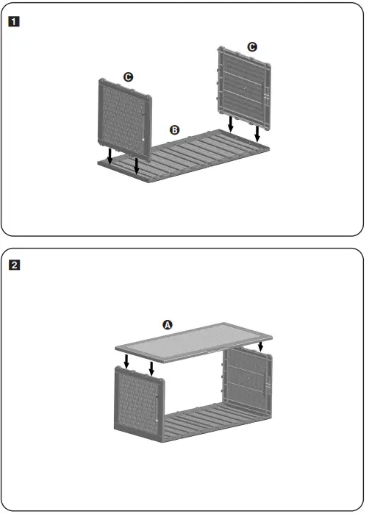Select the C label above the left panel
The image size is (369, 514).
[128, 76]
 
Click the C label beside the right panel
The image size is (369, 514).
[252, 46]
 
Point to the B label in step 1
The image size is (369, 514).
[174, 129]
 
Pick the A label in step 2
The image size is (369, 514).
[167, 324]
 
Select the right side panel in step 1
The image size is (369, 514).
[244, 88]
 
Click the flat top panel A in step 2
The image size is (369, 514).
[195, 345]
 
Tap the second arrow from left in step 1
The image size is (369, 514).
[137, 165]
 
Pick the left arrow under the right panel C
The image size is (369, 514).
[231, 124]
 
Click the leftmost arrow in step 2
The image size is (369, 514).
[126, 360]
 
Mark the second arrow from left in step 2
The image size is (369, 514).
[152, 367]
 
